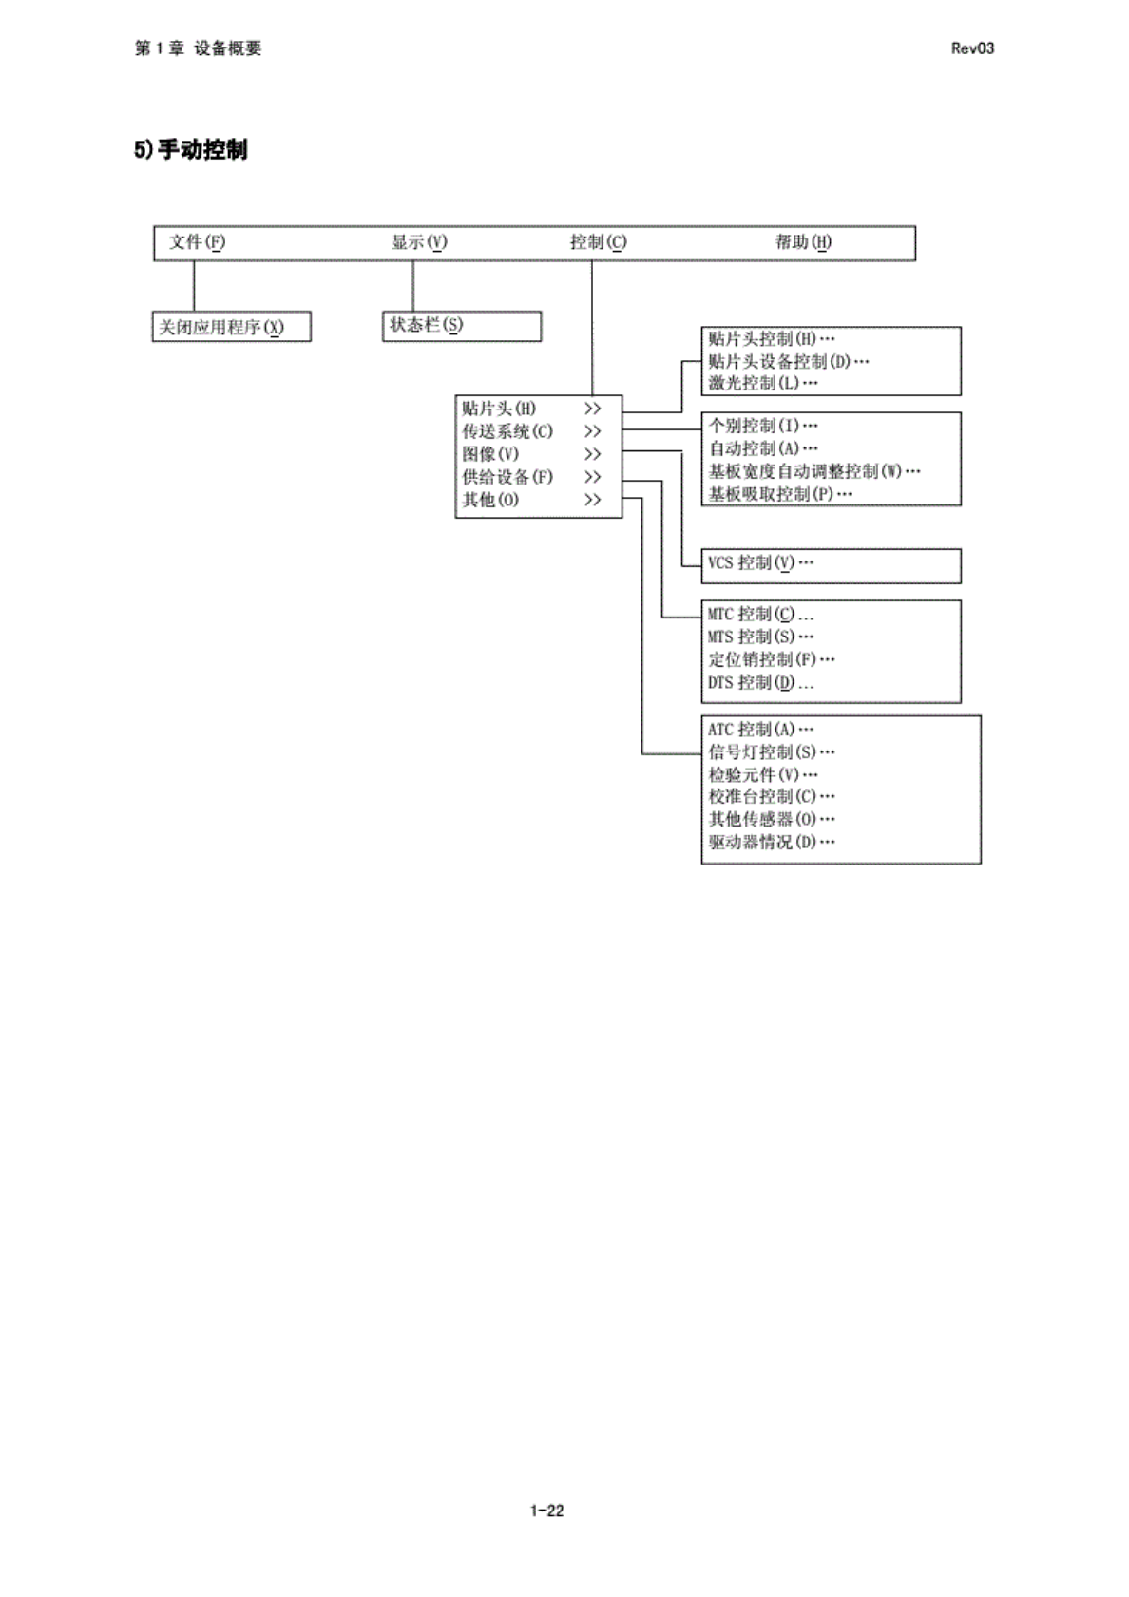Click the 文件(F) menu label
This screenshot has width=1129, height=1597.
198,242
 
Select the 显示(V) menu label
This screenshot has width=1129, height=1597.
419,242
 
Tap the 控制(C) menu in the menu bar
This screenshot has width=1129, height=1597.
598,242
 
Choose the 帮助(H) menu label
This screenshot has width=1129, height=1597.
803,242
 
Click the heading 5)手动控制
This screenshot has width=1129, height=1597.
191,150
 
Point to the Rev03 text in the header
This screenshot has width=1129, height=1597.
971,48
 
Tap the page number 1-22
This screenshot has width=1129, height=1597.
546,1511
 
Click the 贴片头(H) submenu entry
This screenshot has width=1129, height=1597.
499,409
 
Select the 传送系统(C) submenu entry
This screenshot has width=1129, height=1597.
507,431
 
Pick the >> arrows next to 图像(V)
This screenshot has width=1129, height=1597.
592,454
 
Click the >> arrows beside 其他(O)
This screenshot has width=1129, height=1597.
592,500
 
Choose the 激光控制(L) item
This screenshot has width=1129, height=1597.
762,383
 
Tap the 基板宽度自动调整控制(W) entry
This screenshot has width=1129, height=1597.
813,471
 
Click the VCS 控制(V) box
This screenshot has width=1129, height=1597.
760,562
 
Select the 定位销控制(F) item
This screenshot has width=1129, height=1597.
771,659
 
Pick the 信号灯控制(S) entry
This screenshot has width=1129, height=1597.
771,751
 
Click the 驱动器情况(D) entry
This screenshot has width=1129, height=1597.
771,842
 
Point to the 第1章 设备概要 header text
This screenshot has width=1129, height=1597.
198,48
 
